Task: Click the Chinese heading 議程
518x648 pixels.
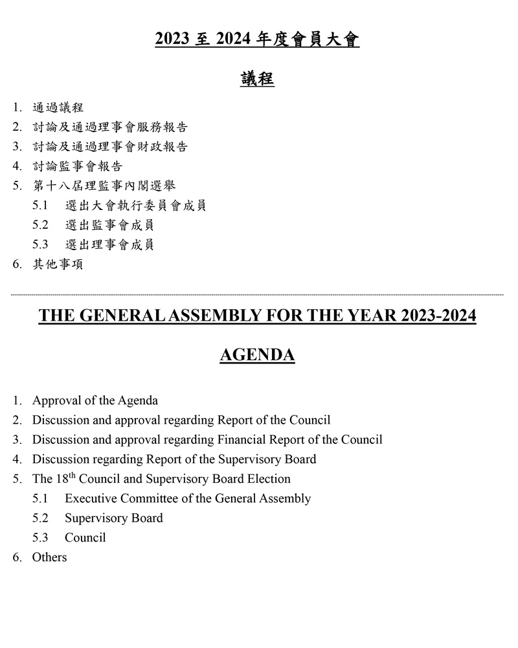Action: click(x=258, y=80)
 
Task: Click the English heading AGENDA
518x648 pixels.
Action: click(x=258, y=355)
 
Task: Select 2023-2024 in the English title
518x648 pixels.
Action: click(x=438, y=316)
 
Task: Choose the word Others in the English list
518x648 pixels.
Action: click(x=49, y=557)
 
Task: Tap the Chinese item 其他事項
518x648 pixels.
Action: click(x=58, y=264)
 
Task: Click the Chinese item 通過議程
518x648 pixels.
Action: click(x=58, y=108)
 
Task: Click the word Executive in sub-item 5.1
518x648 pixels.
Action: click(x=91, y=498)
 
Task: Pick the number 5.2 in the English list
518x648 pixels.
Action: click(x=40, y=518)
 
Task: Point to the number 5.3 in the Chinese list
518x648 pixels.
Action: click(x=40, y=245)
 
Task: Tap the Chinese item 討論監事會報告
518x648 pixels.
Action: click(x=77, y=167)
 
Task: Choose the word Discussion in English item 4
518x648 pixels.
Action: click(x=62, y=459)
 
